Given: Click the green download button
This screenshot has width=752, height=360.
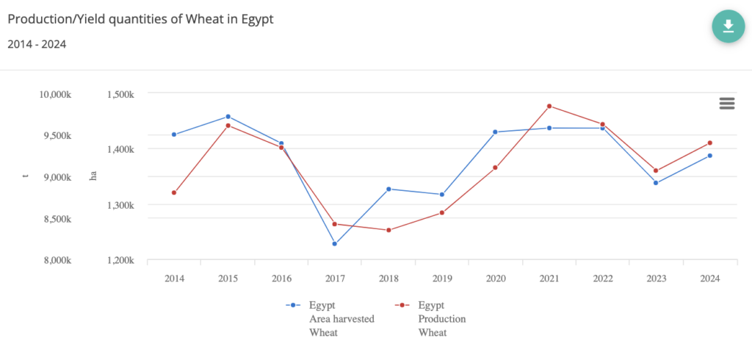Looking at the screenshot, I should [728, 26].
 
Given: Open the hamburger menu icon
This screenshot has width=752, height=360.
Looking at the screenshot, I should [727, 104].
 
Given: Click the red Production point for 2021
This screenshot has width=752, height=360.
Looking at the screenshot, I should [549, 106].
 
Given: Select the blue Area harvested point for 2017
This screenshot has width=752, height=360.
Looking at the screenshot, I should [335, 244].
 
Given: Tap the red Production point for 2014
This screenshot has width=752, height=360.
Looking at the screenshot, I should [174, 192].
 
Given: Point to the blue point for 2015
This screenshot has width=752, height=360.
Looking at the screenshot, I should [228, 116].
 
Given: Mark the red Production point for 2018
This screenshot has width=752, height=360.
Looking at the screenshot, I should [388, 230].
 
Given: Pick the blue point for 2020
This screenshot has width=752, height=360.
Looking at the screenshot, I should [495, 132].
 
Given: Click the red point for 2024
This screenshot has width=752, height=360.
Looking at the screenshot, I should [710, 143].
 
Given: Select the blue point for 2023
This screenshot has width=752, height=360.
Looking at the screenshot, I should [656, 183].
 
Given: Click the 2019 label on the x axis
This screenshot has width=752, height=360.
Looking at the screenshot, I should [442, 278].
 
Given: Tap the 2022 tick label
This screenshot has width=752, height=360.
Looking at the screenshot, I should [603, 278].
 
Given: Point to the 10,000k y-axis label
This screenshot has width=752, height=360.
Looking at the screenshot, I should [55, 95].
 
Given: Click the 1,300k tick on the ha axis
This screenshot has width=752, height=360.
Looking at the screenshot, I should [120, 205].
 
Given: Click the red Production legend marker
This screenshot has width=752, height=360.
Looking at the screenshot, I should [401, 305].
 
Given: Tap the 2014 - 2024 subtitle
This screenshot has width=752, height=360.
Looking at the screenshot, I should [37, 44].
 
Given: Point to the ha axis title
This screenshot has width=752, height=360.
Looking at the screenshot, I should [93, 176].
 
